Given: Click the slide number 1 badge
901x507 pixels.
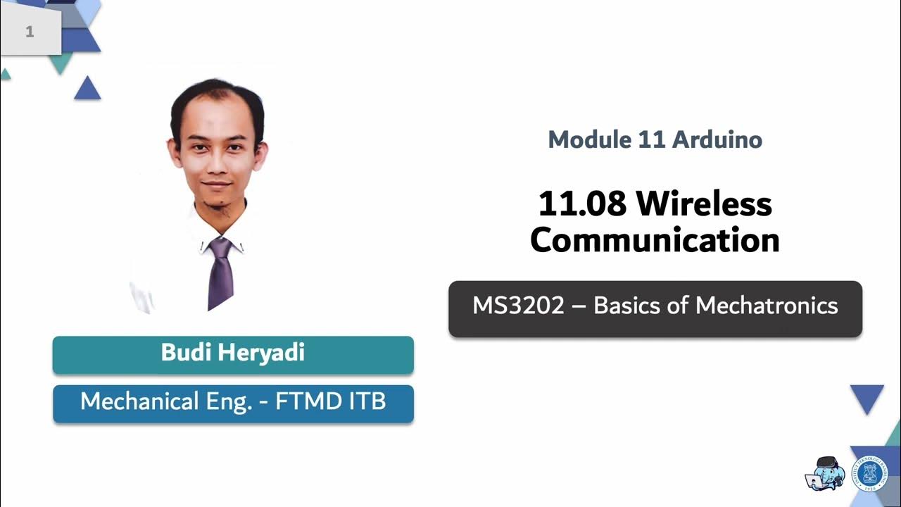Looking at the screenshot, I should (30, 32).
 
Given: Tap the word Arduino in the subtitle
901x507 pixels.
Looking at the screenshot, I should (717, 139).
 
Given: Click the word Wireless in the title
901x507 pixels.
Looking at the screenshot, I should (705, 204).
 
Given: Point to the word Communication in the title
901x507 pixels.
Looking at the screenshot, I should (655, 240).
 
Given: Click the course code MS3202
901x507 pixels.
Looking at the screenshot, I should (518, 306).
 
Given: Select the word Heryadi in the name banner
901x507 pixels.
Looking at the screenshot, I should (261, 352).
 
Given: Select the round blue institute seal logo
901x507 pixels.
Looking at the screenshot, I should (869, 472).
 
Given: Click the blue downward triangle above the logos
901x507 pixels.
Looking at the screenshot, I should (867, 398).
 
